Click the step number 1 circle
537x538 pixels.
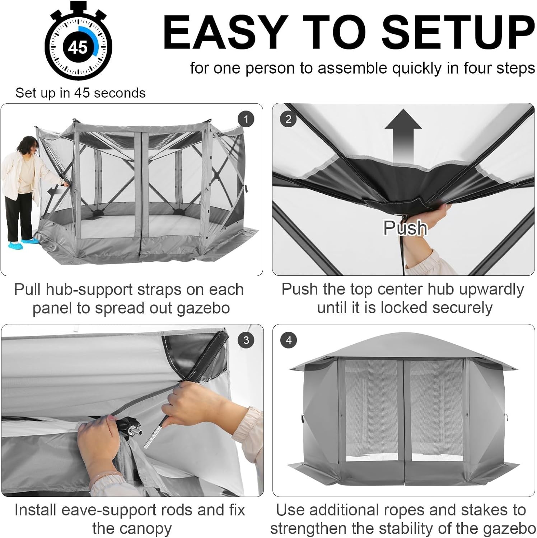(x=246, y=119)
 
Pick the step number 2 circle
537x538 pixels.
(x=289, y=119)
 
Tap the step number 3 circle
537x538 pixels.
(x=246, y=340)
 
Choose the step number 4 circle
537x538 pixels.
(x=289, y=340)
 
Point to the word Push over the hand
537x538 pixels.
(x=405, y=227)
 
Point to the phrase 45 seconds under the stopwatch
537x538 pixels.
(x=110, y=93)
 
